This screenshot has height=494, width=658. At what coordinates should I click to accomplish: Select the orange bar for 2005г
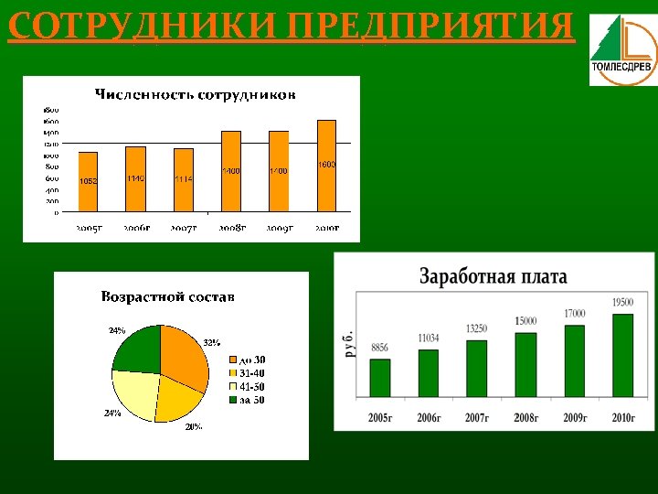point(88,181)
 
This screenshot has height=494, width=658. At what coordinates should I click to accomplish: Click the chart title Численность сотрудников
point(196,93)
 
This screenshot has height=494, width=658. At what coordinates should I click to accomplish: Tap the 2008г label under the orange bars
point(231,227)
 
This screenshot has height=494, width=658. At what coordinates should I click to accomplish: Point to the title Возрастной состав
point(167,296)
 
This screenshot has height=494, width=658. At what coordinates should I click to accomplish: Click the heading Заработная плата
point(493,275)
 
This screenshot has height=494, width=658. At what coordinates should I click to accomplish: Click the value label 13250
point(476,328)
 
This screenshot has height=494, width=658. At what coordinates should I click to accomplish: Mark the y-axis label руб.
point(348,341)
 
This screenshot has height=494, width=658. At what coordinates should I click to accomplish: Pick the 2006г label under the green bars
point(429,417)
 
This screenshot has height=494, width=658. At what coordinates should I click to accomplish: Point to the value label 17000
point(574,313)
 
